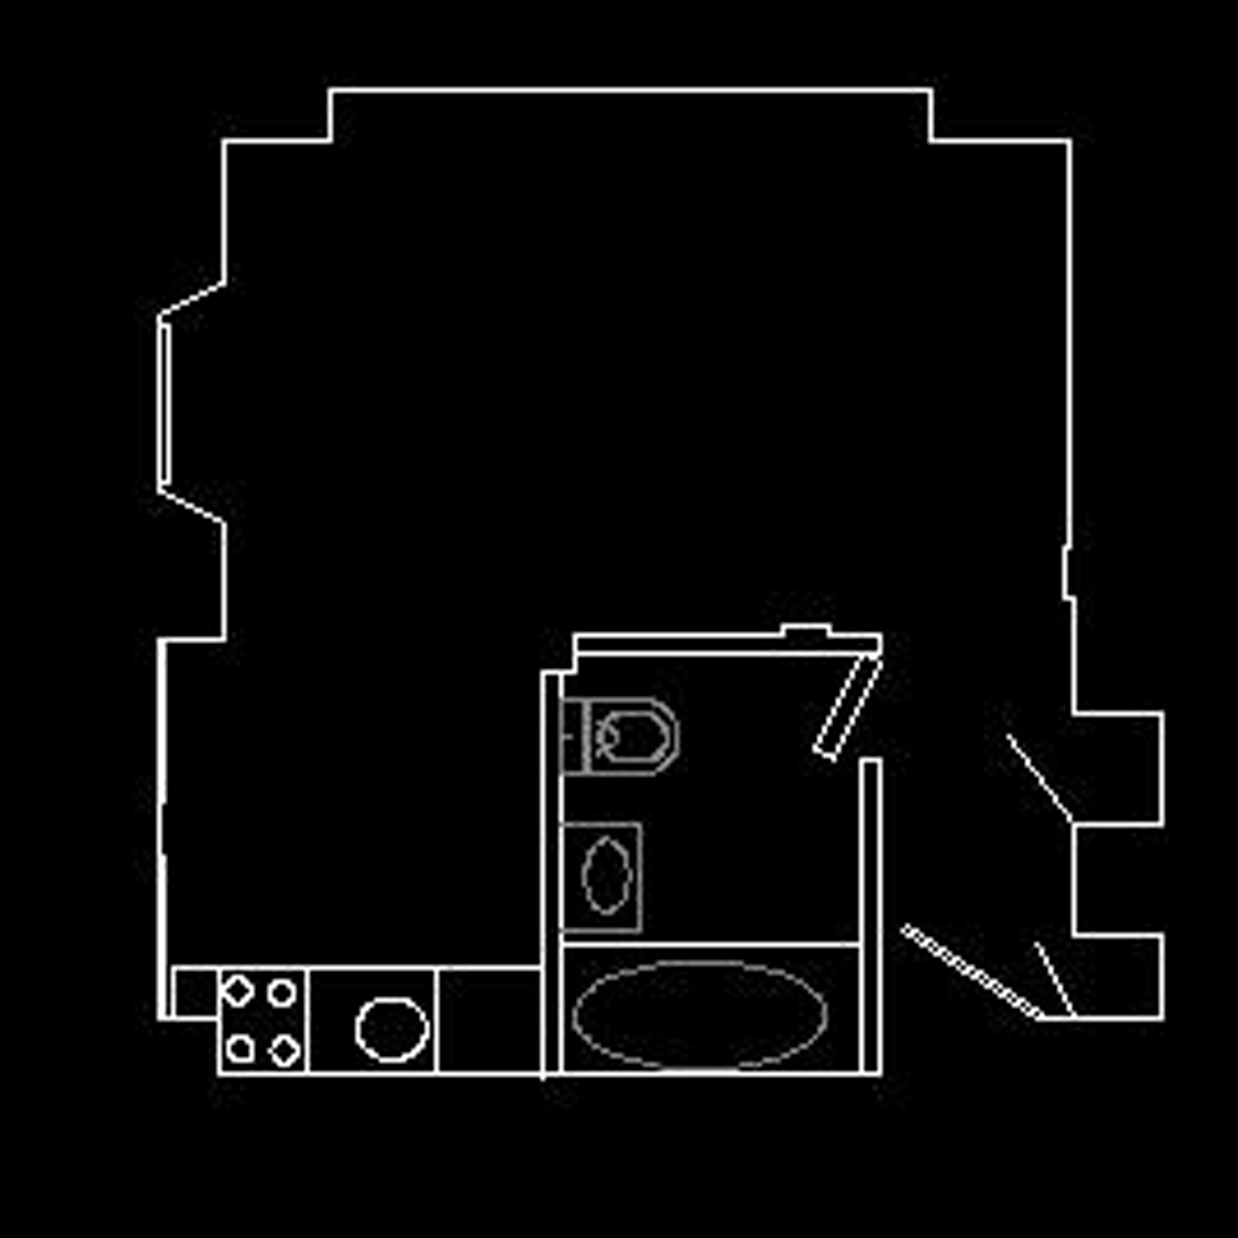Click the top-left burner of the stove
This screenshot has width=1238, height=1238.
[238, 990]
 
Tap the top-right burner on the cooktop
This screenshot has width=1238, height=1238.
[282, 993]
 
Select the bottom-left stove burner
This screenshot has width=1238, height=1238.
[240, 1048]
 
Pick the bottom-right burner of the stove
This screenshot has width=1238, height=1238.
[284, 1050]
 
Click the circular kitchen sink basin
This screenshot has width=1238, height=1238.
[392, 1028]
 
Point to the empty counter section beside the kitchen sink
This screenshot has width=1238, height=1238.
[488, 1020]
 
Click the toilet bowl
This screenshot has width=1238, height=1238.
[634, 736]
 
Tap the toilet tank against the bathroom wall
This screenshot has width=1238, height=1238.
[574, 736]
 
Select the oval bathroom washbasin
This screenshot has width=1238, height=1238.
[607, 875]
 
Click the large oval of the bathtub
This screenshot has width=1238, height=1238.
[699, 1013]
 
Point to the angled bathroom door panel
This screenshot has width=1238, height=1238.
[847, 707]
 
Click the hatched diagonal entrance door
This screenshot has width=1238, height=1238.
[970, 971]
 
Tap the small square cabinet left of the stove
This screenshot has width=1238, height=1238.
[195, 992]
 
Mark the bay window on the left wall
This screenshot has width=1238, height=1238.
[164, 402]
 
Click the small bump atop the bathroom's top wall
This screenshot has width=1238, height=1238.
[806, 630]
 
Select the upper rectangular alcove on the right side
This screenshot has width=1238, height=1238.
[1117, 768]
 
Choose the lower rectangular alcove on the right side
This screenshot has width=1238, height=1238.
[1117, 977]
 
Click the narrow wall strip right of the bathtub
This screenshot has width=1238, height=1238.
[870, 915]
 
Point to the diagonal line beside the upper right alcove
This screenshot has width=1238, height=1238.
[1039, 777]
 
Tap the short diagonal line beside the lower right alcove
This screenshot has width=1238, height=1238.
[1054, 979]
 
